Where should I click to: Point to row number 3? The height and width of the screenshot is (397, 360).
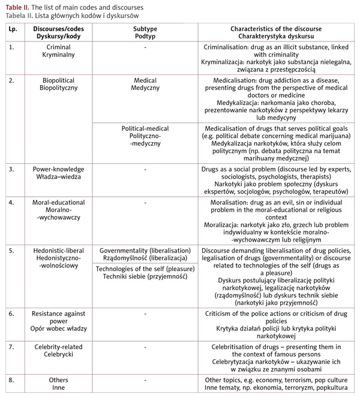coord(11,169)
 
